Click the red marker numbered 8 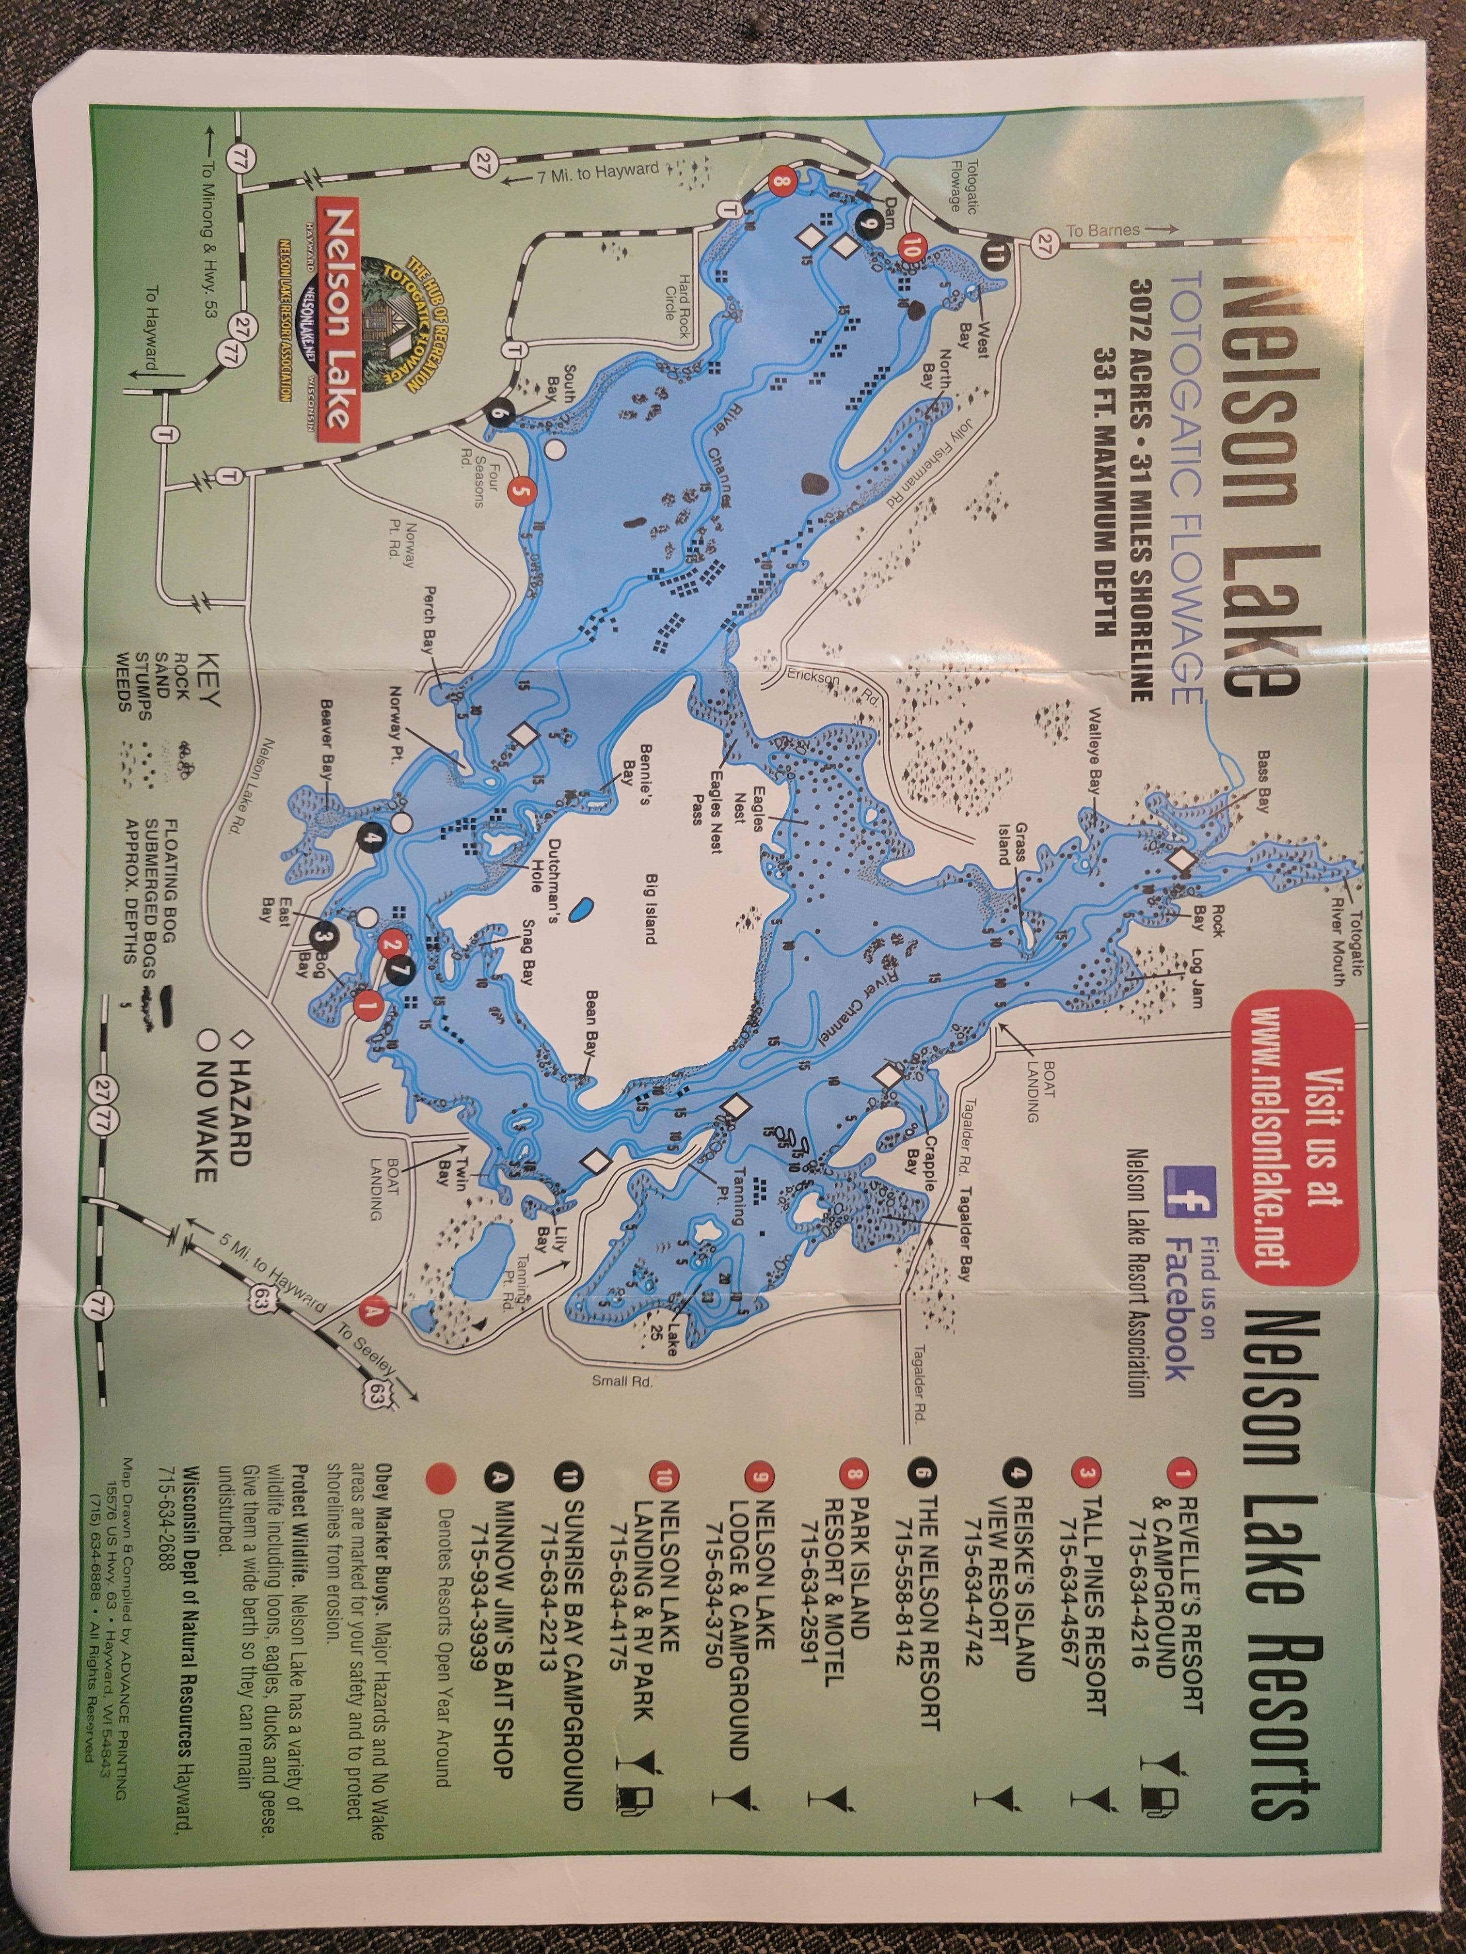781,183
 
